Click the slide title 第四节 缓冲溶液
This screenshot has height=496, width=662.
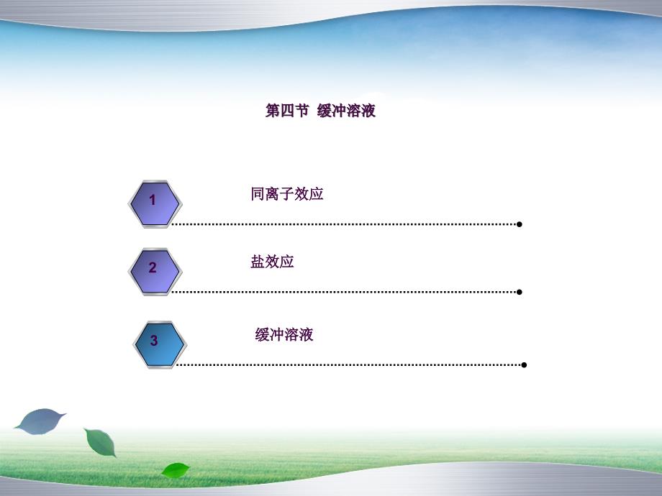[320, 111]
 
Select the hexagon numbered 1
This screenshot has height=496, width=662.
[155, 204]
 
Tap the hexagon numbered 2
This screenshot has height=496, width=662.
[155, 272]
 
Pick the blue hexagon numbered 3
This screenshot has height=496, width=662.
[160, 344]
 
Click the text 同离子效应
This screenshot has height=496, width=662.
[287, 194]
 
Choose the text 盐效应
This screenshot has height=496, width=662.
[272, 262]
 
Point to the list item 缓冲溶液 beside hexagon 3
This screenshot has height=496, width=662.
[284, 334]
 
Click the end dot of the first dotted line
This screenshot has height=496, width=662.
[520, 224]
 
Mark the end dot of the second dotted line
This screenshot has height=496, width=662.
[520, 292]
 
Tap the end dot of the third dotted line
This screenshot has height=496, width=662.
[524, 365]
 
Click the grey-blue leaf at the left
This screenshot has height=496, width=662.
[40, 421]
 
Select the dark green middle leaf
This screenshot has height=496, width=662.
[101, 442]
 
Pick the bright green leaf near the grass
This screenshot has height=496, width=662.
[176, 470]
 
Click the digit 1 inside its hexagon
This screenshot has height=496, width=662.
[153, 200]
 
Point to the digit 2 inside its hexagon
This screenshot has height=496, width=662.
[153, 267]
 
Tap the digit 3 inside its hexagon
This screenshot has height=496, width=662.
[154, 340]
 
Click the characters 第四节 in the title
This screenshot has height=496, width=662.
[287, 111]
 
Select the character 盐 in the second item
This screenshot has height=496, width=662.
[258, 262]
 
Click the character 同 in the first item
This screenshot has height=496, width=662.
[258, 194]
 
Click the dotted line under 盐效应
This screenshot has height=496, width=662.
[345, 292]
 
